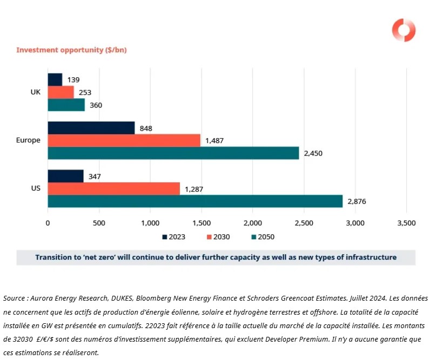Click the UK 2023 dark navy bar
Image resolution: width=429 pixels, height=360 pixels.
tap(55, 79)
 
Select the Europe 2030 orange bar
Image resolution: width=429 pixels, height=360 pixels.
tap(124, 140)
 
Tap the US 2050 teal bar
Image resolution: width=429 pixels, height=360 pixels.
tap(195, 201)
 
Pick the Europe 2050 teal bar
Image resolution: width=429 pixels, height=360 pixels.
tap(173, 153)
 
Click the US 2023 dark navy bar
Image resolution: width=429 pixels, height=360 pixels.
tap(65, 176)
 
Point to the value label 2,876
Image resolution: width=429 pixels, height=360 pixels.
tap(357, 201)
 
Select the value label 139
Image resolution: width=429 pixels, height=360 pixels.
tap(73, 80)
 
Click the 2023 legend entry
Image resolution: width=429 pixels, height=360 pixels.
tap(177, 236)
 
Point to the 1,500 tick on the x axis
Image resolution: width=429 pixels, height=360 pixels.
tap(201, 223)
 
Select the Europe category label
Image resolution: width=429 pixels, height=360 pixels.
tap(28, 140)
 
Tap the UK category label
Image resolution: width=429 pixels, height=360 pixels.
tap(36, 92)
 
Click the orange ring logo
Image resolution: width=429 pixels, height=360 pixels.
tap(404, 30)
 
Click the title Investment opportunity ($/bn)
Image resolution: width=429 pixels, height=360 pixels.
tap(71, 50)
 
